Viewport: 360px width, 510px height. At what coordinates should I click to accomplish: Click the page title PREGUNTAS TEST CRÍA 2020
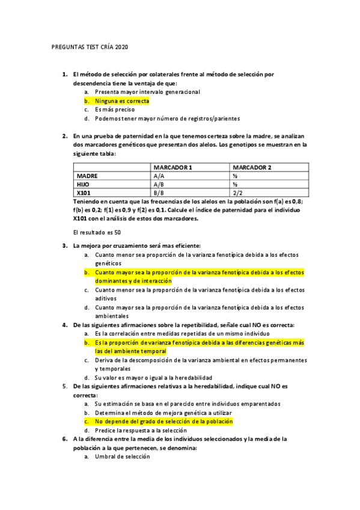click(x=90, y=47)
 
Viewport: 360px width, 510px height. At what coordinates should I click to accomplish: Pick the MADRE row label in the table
click(x=88, y=176)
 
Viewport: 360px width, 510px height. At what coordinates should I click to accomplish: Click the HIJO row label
click(x=84, y=184)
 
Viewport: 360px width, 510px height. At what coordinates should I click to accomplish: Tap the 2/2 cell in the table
click(x=237, y=193)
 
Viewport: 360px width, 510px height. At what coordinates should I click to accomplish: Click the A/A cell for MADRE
click(x=159, y=176)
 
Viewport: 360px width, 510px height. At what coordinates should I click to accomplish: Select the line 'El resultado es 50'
click(x=97, y=232)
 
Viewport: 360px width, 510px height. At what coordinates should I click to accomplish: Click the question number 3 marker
click(x=65, y=245)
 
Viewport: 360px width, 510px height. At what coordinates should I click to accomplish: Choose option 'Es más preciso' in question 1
click(x=114, y=110)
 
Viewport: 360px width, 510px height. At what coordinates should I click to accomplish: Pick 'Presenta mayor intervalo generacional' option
click(x=147, y=92)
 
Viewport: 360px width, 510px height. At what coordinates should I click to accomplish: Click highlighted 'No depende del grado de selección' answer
click(x=163, y=422)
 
